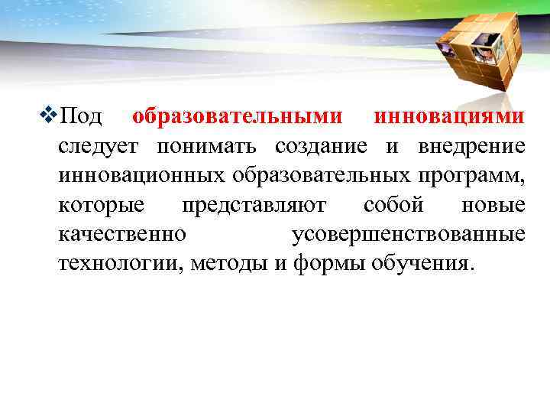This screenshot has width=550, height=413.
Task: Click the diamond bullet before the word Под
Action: tap(51, 117)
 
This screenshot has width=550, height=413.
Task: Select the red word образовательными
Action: tap(238, 118)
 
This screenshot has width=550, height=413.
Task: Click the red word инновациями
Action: tap(449, 118)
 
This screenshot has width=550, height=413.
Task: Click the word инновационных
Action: tap(141, 176)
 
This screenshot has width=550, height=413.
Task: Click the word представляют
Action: tap(254, 206)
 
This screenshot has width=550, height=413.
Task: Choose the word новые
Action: tap(493, 206)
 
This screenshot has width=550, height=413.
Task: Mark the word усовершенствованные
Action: tap(409, 235)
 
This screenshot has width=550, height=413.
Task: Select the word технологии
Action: tap(120, 264)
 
